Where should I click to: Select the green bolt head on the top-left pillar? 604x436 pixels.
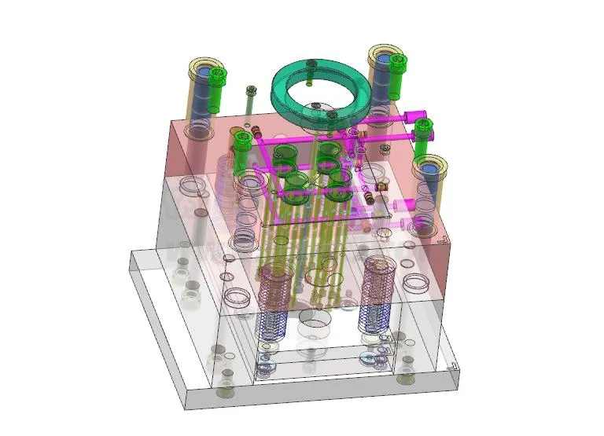pos(217,76)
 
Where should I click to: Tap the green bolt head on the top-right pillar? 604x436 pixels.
pos(398,63)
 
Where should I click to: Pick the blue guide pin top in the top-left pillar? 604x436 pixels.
pos(202,72)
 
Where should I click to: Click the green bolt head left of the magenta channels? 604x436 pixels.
pos(243,141)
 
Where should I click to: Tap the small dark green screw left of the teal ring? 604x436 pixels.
pos(251,90)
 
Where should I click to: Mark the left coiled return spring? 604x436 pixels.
pos(275,299)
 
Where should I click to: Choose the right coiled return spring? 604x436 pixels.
pos(377,295)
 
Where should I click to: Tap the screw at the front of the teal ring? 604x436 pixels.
pos(332,115)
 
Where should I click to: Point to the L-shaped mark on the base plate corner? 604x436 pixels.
pos(452,366)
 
